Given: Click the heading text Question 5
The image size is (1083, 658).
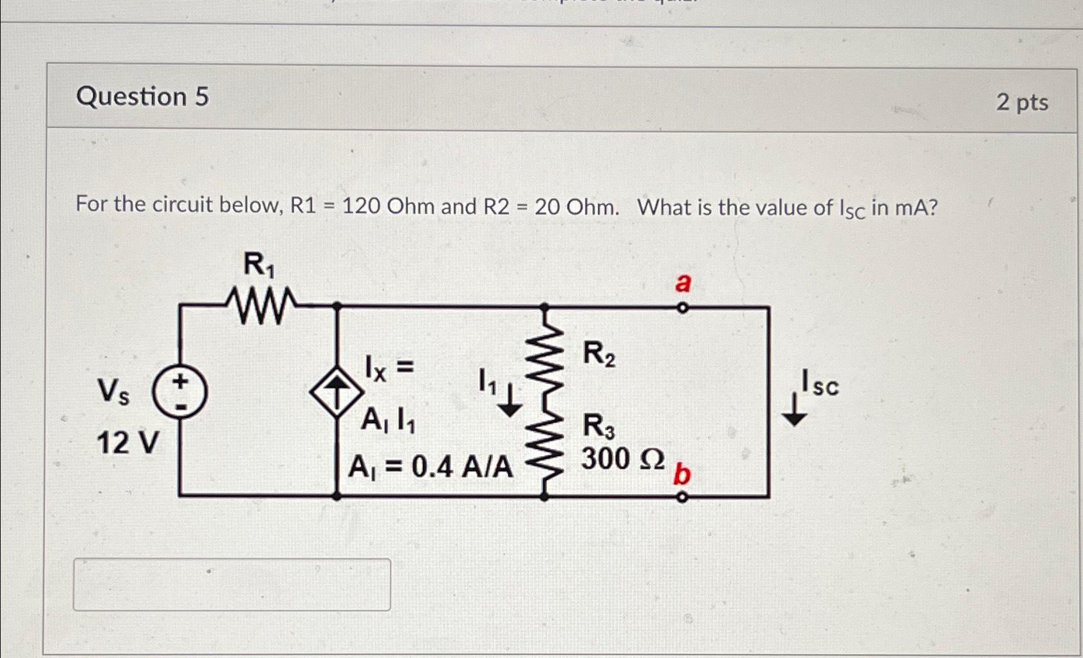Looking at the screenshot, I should (142, 97).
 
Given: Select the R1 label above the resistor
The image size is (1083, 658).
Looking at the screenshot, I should (259, 265).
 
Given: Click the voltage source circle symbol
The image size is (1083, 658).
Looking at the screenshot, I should (180, 391).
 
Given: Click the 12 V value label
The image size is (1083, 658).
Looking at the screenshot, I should (127, 443).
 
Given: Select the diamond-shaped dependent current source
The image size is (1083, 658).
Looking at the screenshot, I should (336, 392).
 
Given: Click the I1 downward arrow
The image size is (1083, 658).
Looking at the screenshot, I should (510, 400).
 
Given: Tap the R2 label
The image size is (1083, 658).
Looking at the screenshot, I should (598, 354).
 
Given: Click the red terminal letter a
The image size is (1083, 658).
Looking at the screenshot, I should (683, 282).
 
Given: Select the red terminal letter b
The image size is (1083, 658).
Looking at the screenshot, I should (681, 475).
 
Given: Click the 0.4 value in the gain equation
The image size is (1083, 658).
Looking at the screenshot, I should (431, 467).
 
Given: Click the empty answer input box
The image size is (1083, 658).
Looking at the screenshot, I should (232, 584).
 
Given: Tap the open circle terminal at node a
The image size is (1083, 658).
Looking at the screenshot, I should (683, 308).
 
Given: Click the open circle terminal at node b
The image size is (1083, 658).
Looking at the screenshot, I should (683, 497).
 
